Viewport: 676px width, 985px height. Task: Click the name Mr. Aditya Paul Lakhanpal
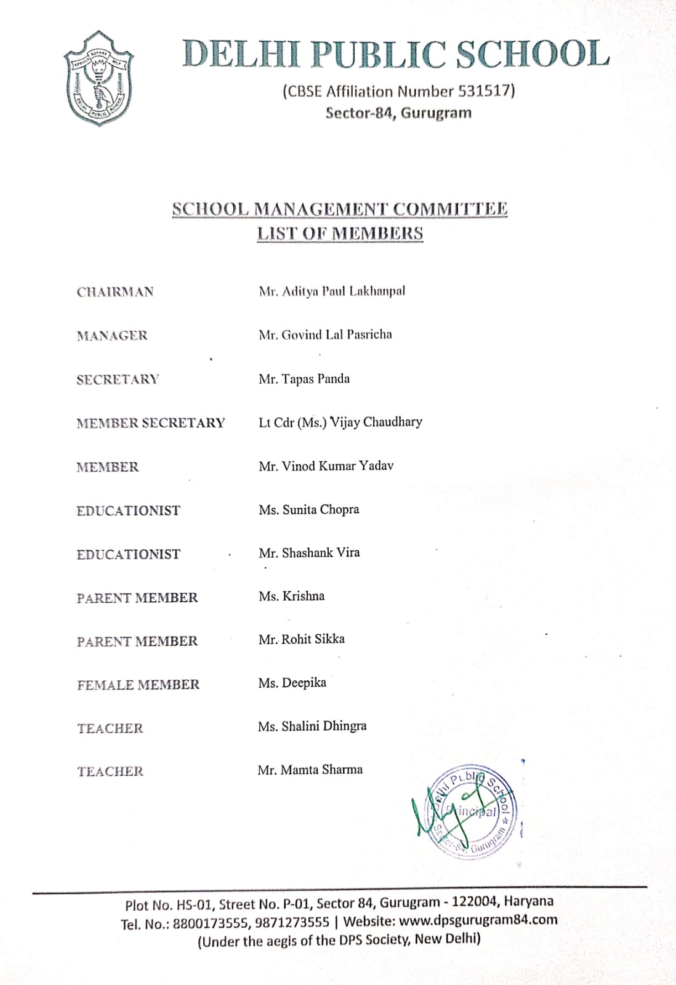coord(332,291)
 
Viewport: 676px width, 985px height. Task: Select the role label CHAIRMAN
coord(115,292)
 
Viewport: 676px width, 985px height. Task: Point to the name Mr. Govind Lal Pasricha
coord(325,335)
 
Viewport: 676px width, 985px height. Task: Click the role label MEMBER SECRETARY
coord(151,423)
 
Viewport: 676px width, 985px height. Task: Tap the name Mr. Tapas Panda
coord(304,379)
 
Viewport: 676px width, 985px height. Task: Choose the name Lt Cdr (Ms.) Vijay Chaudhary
coord(340,422)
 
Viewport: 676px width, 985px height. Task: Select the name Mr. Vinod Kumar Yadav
coord(326,466)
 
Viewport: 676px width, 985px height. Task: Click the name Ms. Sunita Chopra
coord(308,510)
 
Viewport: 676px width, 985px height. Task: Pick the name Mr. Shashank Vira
coord(309,553)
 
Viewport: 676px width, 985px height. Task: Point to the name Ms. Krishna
coord(291,596)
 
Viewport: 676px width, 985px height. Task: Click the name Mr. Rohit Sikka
coord(301,640)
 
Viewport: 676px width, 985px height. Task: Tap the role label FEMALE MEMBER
coord(139,685)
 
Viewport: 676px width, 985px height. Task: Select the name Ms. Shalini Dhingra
coord(312,726)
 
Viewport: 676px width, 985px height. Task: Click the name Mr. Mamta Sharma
coord(310,770)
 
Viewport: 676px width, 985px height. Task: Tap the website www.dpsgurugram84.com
coord(478,921)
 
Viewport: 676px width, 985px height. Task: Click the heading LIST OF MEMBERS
coord(340,234)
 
